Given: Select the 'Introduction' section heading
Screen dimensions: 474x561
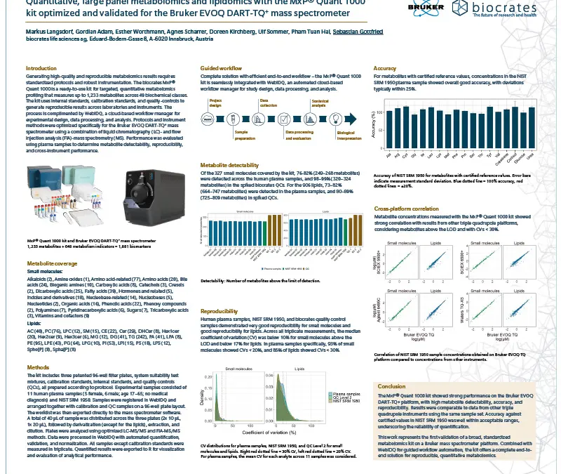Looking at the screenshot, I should pos(41,68).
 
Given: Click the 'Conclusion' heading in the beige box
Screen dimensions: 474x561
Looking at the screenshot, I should pos(391,386).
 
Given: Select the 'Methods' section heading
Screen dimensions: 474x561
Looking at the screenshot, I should pos(38,367).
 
